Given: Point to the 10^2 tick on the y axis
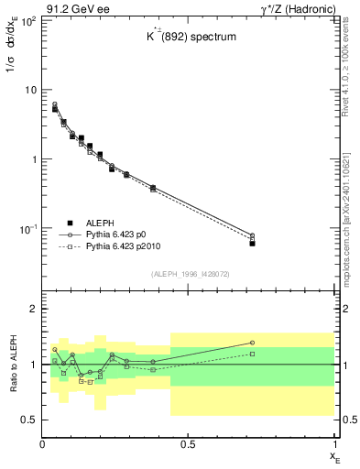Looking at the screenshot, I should (27, 20).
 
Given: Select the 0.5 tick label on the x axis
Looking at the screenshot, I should (189, 444).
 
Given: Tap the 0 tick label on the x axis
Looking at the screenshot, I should (43, 444).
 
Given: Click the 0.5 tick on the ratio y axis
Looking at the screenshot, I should (29, 420).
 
